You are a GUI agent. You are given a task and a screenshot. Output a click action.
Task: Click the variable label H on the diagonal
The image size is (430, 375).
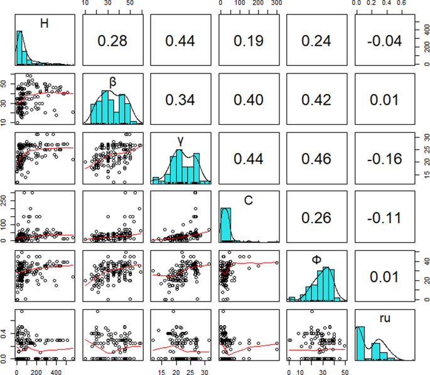tap(45, 23)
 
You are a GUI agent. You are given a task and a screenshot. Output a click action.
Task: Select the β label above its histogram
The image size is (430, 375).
tap(113, 80)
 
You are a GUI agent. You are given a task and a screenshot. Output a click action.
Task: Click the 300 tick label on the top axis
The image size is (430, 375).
tap(276, 4)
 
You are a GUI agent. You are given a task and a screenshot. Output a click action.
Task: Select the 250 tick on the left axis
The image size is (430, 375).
tap(6, 199)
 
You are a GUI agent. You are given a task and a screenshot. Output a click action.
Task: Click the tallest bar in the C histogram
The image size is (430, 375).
tap(227, 225)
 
